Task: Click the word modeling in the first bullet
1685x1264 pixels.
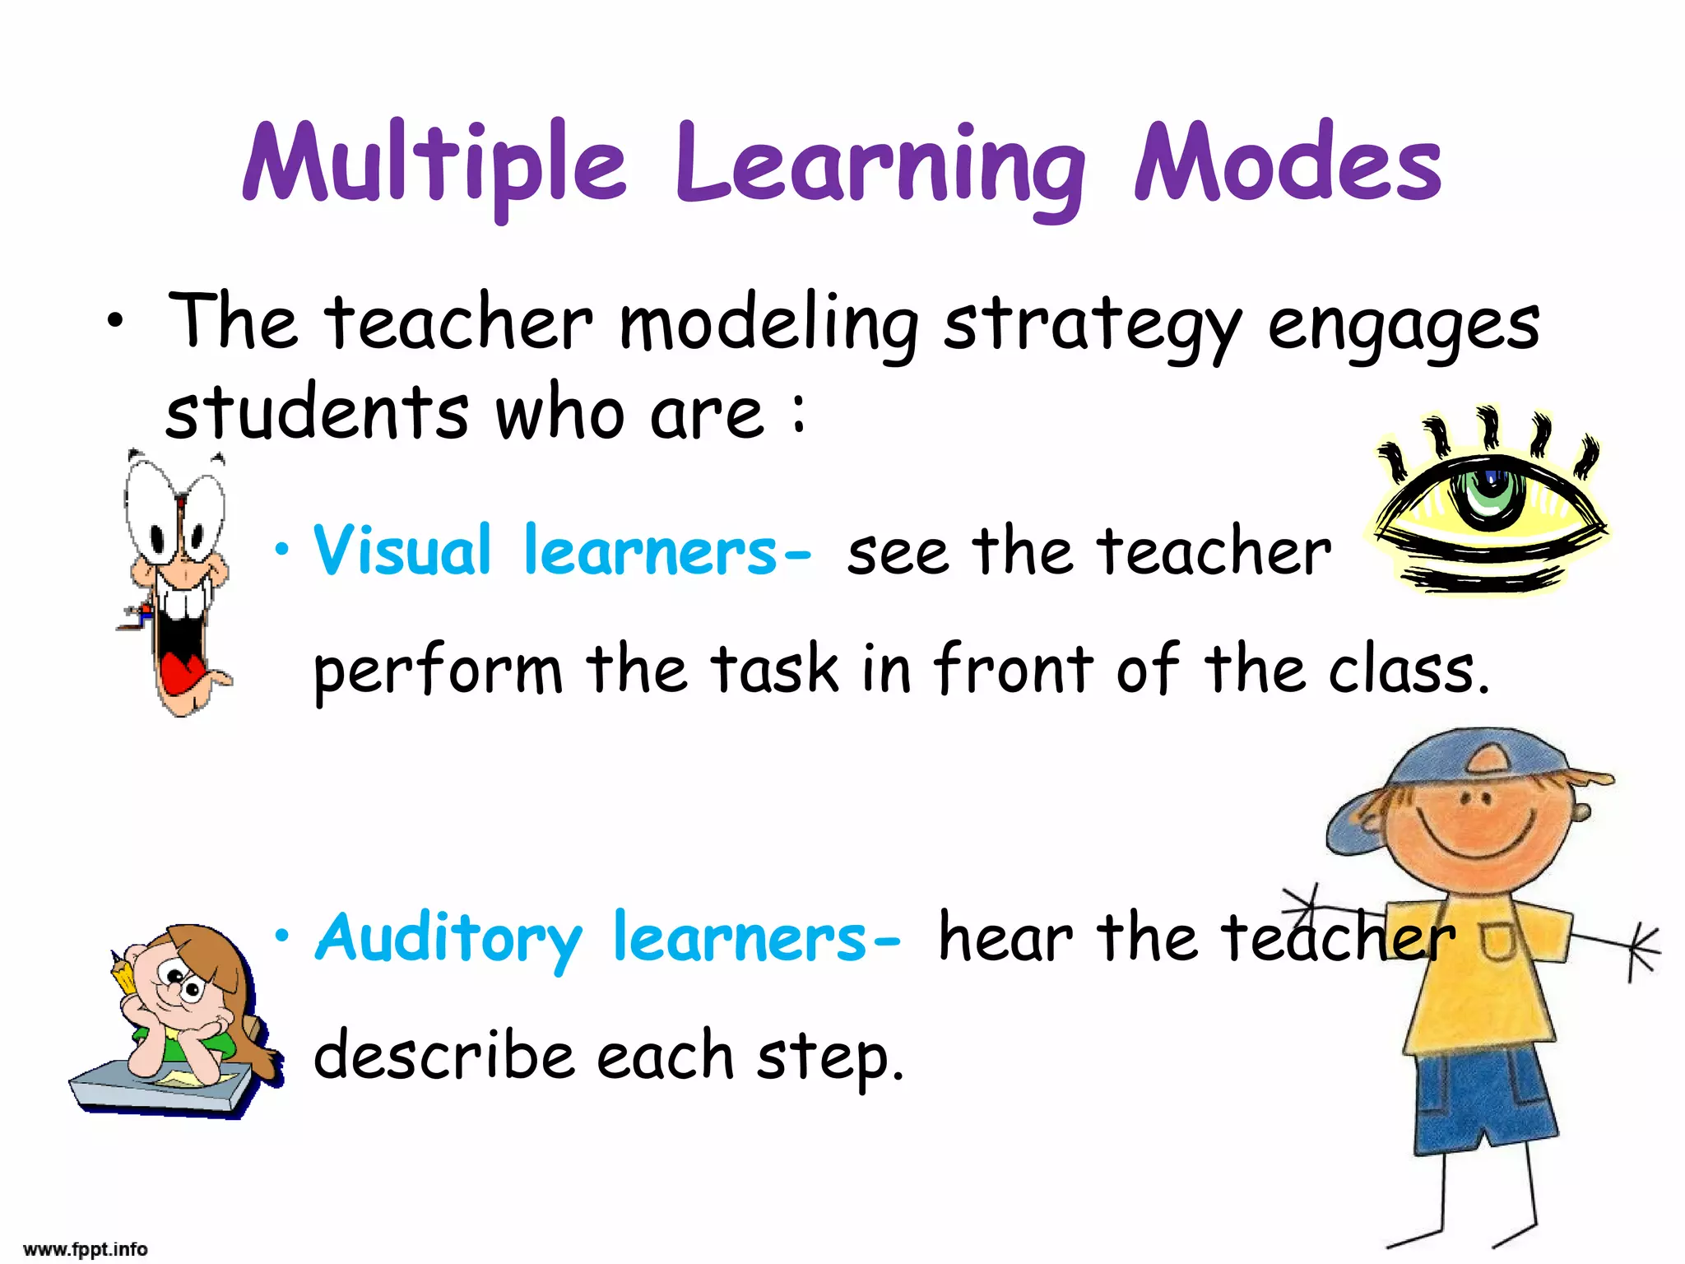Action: tap(768, 325)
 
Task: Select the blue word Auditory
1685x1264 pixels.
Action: tap(448, 938)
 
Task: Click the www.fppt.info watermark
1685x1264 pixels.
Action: tap(86, 1249)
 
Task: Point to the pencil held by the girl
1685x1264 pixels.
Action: tap(123, 975)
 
